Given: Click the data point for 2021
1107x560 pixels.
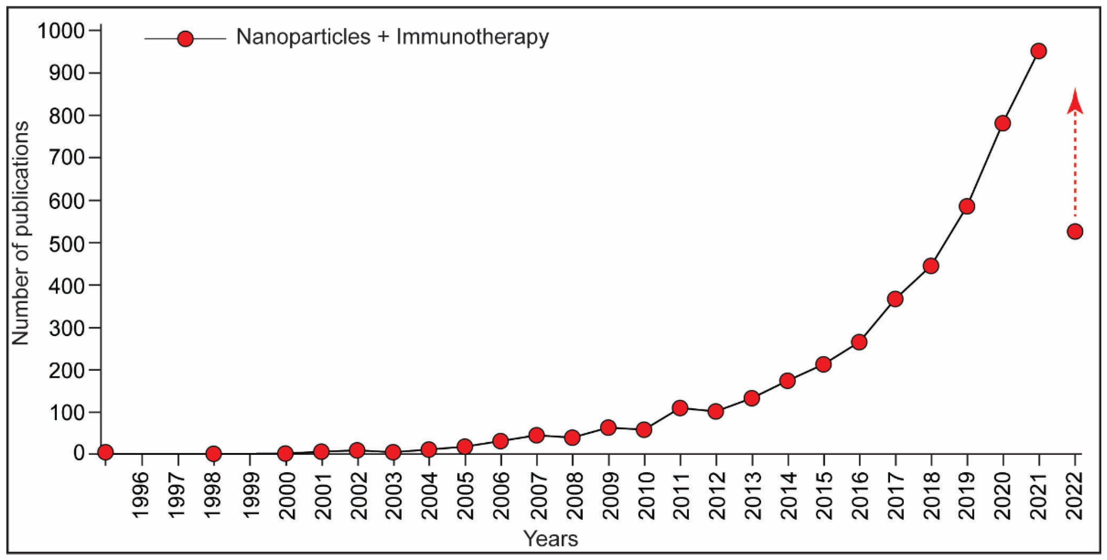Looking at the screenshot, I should pos(1039,51).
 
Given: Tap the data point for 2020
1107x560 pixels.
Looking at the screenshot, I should pos(1003,123).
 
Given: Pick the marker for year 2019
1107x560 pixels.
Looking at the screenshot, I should pos(966,206).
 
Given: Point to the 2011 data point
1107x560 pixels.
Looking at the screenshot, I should pos(680,408).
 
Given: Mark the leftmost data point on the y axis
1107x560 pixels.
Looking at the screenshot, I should pos(105,452).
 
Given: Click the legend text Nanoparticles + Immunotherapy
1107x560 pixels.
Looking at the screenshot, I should pos(392,37).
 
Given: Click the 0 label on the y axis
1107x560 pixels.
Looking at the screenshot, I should pos(79,454).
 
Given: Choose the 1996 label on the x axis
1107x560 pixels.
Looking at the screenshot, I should pos(141,496).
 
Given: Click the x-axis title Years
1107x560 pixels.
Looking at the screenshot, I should pos(550,539).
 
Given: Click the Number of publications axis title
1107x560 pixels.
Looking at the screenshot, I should pos(20,233).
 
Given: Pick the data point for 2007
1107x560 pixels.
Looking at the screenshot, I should pos(536,435).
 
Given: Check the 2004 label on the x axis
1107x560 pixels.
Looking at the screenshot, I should pos(429,496).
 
